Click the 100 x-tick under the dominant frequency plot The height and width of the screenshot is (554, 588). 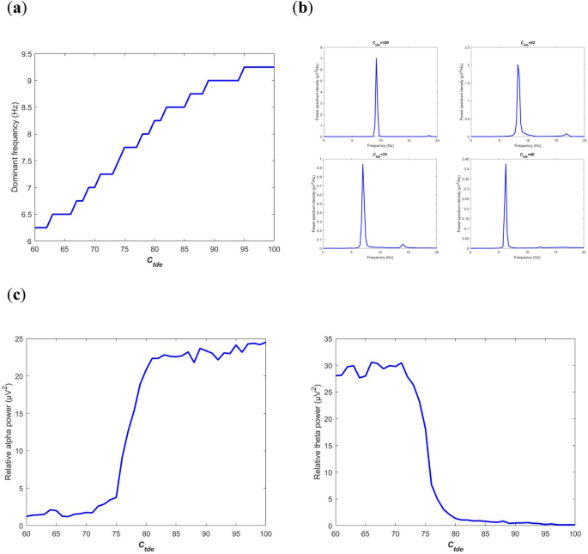pyautogui.click(x=274, y=249)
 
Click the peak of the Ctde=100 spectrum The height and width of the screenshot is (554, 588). pyautogui.click(x=376, y=59)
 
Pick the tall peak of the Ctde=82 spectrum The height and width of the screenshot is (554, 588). pyautogui.click(x=518, y=65)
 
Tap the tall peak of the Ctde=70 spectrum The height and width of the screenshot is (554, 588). pyautogui.click(x=363, y=165)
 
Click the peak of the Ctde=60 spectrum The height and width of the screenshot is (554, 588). pyautogui.click(x=506, y=165)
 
